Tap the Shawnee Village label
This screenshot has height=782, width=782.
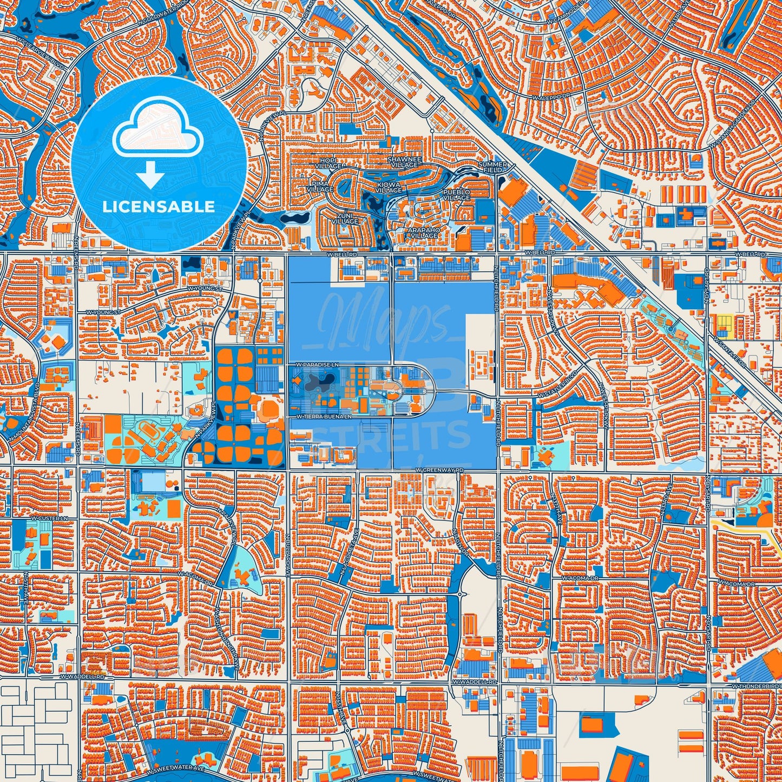point(404,162)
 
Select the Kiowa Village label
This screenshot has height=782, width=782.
point(388,187)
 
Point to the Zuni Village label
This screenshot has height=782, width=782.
point(345,218)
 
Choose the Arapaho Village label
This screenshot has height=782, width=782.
point(423,233)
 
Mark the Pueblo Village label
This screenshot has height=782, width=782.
point(456,195)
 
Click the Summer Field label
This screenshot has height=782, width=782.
point(493,167)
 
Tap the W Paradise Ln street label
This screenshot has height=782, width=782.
point(317,366)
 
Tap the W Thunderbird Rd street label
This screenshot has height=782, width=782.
point(756,686)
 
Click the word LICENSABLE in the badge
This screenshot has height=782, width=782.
point(159,207)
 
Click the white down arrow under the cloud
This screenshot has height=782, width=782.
point(150,177)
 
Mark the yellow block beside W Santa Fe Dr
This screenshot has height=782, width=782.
point(723,323)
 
